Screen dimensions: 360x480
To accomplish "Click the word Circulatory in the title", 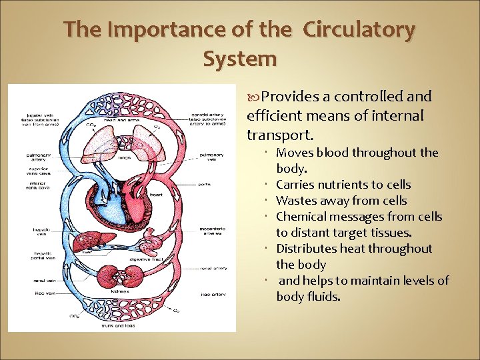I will click(359, 30).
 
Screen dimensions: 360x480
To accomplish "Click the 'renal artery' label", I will click(213, 268).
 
